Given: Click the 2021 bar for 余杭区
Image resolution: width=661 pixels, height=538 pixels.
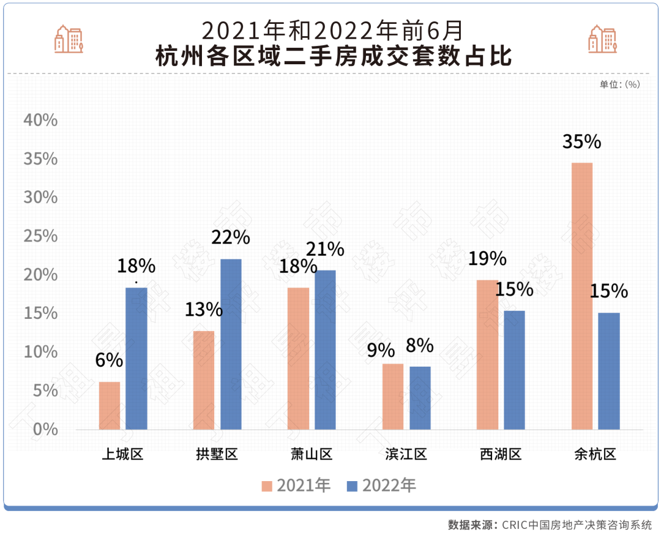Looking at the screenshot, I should click(x=581, y=296).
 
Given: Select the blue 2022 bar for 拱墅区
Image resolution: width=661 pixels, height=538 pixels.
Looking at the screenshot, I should click(x=231, y=344).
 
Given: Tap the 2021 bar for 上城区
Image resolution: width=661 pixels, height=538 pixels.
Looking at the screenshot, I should click(x=110, y=405).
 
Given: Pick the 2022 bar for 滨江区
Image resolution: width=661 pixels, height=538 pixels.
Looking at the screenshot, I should click(x=420, y=398).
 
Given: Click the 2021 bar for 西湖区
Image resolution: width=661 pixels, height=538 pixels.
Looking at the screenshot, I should click(x=487, y=354).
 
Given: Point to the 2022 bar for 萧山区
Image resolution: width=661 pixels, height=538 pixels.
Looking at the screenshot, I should click(x=325, y=349).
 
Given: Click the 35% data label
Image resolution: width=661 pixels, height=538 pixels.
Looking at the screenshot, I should click(x=582, y=142).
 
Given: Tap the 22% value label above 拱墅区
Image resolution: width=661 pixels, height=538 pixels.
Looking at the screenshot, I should click(x=231, y=237).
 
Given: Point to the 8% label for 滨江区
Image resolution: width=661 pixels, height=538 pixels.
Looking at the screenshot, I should click(x=420, y=346).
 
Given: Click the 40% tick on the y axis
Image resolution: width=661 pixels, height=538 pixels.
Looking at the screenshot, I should click(x=40, y=120).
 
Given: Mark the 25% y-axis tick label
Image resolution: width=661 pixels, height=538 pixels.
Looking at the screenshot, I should click(x=40, y=236).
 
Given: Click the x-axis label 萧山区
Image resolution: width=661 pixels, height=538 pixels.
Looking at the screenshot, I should click(x=312, y=454).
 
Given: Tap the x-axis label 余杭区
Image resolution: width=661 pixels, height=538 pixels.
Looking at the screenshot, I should click(x=595, y=454).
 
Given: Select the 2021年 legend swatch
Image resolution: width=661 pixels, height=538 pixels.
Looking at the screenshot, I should click(x=267, y=486).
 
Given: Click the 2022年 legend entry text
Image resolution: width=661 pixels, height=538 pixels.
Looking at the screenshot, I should click(x=389, y=486).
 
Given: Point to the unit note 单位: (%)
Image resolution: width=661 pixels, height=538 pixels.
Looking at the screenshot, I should click(x=619, y=84).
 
